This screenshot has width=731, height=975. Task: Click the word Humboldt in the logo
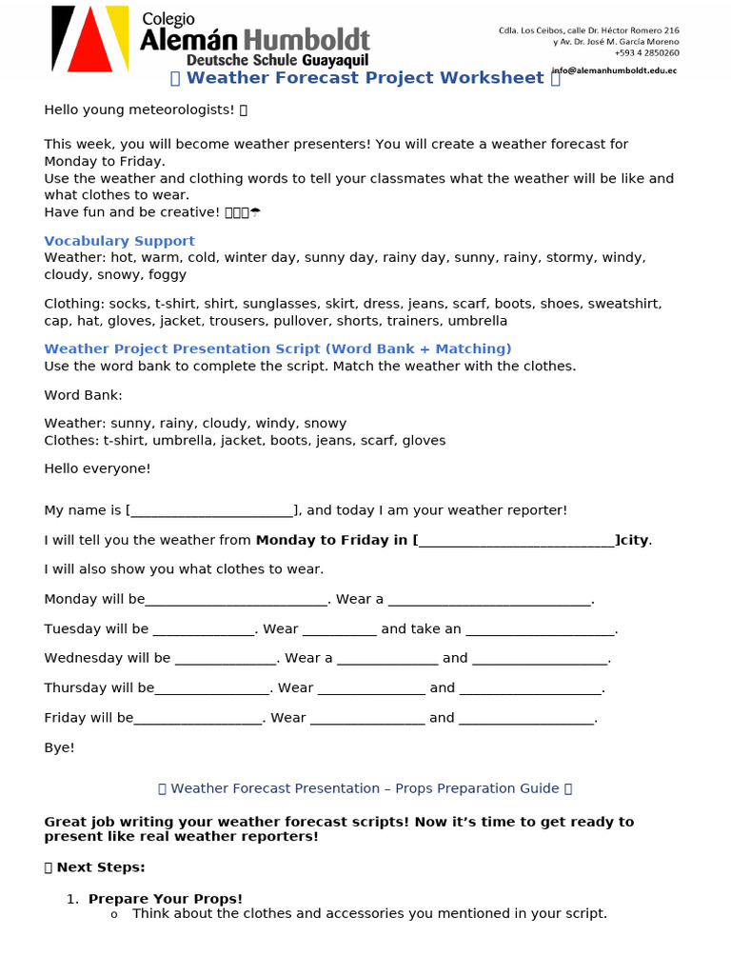(x=306, y=40)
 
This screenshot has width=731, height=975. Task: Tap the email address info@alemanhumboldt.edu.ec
(x=615, y=70)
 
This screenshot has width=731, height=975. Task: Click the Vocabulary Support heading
(x=119, y=241)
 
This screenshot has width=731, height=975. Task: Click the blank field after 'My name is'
(x=211, y=511)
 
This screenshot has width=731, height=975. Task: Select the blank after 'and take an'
(x=540, y=629)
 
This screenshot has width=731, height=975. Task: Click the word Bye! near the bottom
(x=59, y=747)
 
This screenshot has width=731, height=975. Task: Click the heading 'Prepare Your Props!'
(x=166, y=899)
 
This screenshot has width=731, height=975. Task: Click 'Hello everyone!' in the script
(x=97, y=468)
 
